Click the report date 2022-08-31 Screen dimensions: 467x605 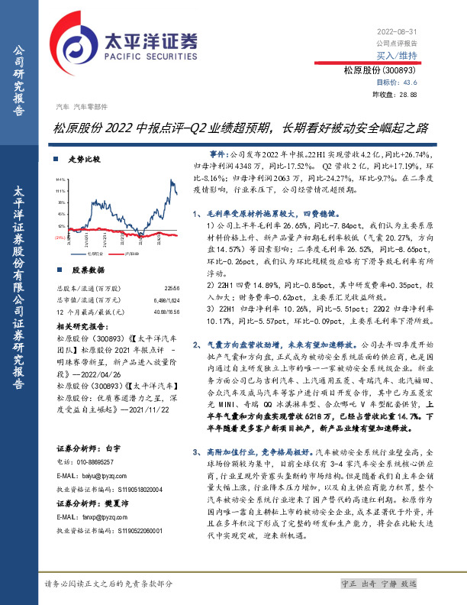(399, 31)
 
